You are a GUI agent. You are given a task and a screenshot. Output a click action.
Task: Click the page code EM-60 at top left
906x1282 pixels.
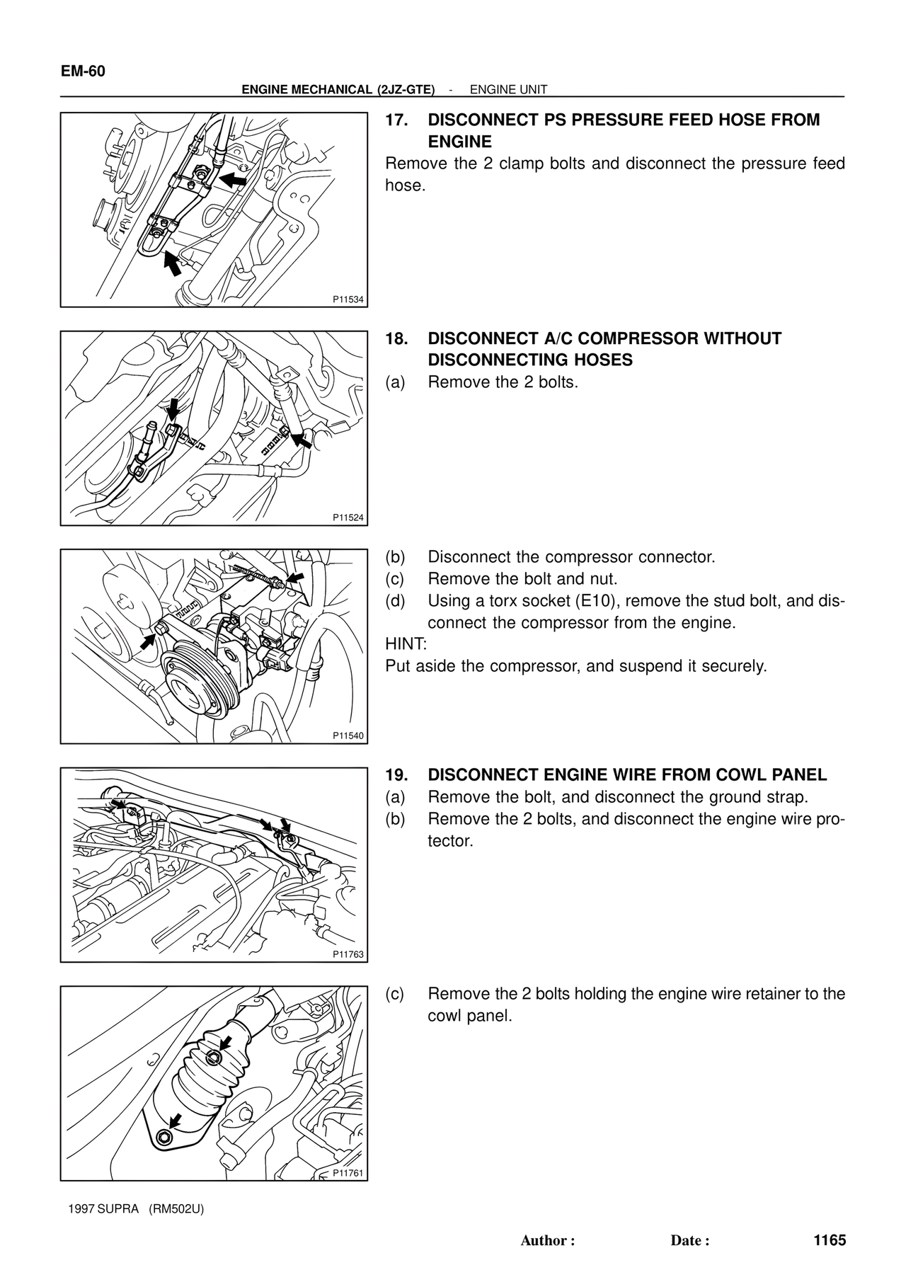click(x=83, y=71)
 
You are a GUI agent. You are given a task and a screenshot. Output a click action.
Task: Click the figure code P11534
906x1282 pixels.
click(x=348, y=299)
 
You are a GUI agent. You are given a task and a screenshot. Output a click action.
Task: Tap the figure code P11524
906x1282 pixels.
click(x=348, y=517)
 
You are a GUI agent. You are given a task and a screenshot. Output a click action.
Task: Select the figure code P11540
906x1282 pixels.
click(x=348, y=736)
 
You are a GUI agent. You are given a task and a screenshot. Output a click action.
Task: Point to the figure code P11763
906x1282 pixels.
click(x=348, y=954)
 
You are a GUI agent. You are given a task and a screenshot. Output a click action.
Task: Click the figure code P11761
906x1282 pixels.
click(x=348, y=1172)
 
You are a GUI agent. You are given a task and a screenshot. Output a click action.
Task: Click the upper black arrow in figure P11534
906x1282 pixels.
click(x=231, y=179)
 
